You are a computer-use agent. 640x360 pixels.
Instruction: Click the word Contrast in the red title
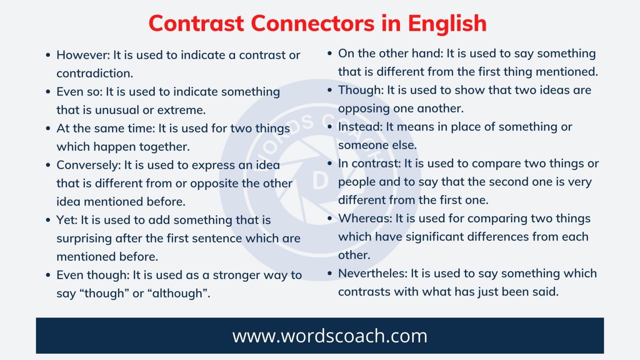[x=196, y=23]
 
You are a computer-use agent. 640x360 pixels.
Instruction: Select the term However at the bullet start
[x=82, y=55]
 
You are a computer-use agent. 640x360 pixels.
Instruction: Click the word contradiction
[x=95, y=73]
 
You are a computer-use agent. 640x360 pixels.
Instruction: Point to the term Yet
[x=66, y=220]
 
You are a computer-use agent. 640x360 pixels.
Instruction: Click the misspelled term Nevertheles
[x=372, y=273]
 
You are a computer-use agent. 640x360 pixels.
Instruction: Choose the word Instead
[x=360, y=127]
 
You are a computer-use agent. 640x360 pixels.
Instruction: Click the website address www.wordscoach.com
[x=330, y=336]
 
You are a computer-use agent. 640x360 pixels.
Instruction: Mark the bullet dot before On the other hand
[x=330, y=53]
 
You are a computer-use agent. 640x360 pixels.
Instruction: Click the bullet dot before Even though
[x=48, y=275]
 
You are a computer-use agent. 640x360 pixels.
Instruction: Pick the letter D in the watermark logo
[x=320, y=180]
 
